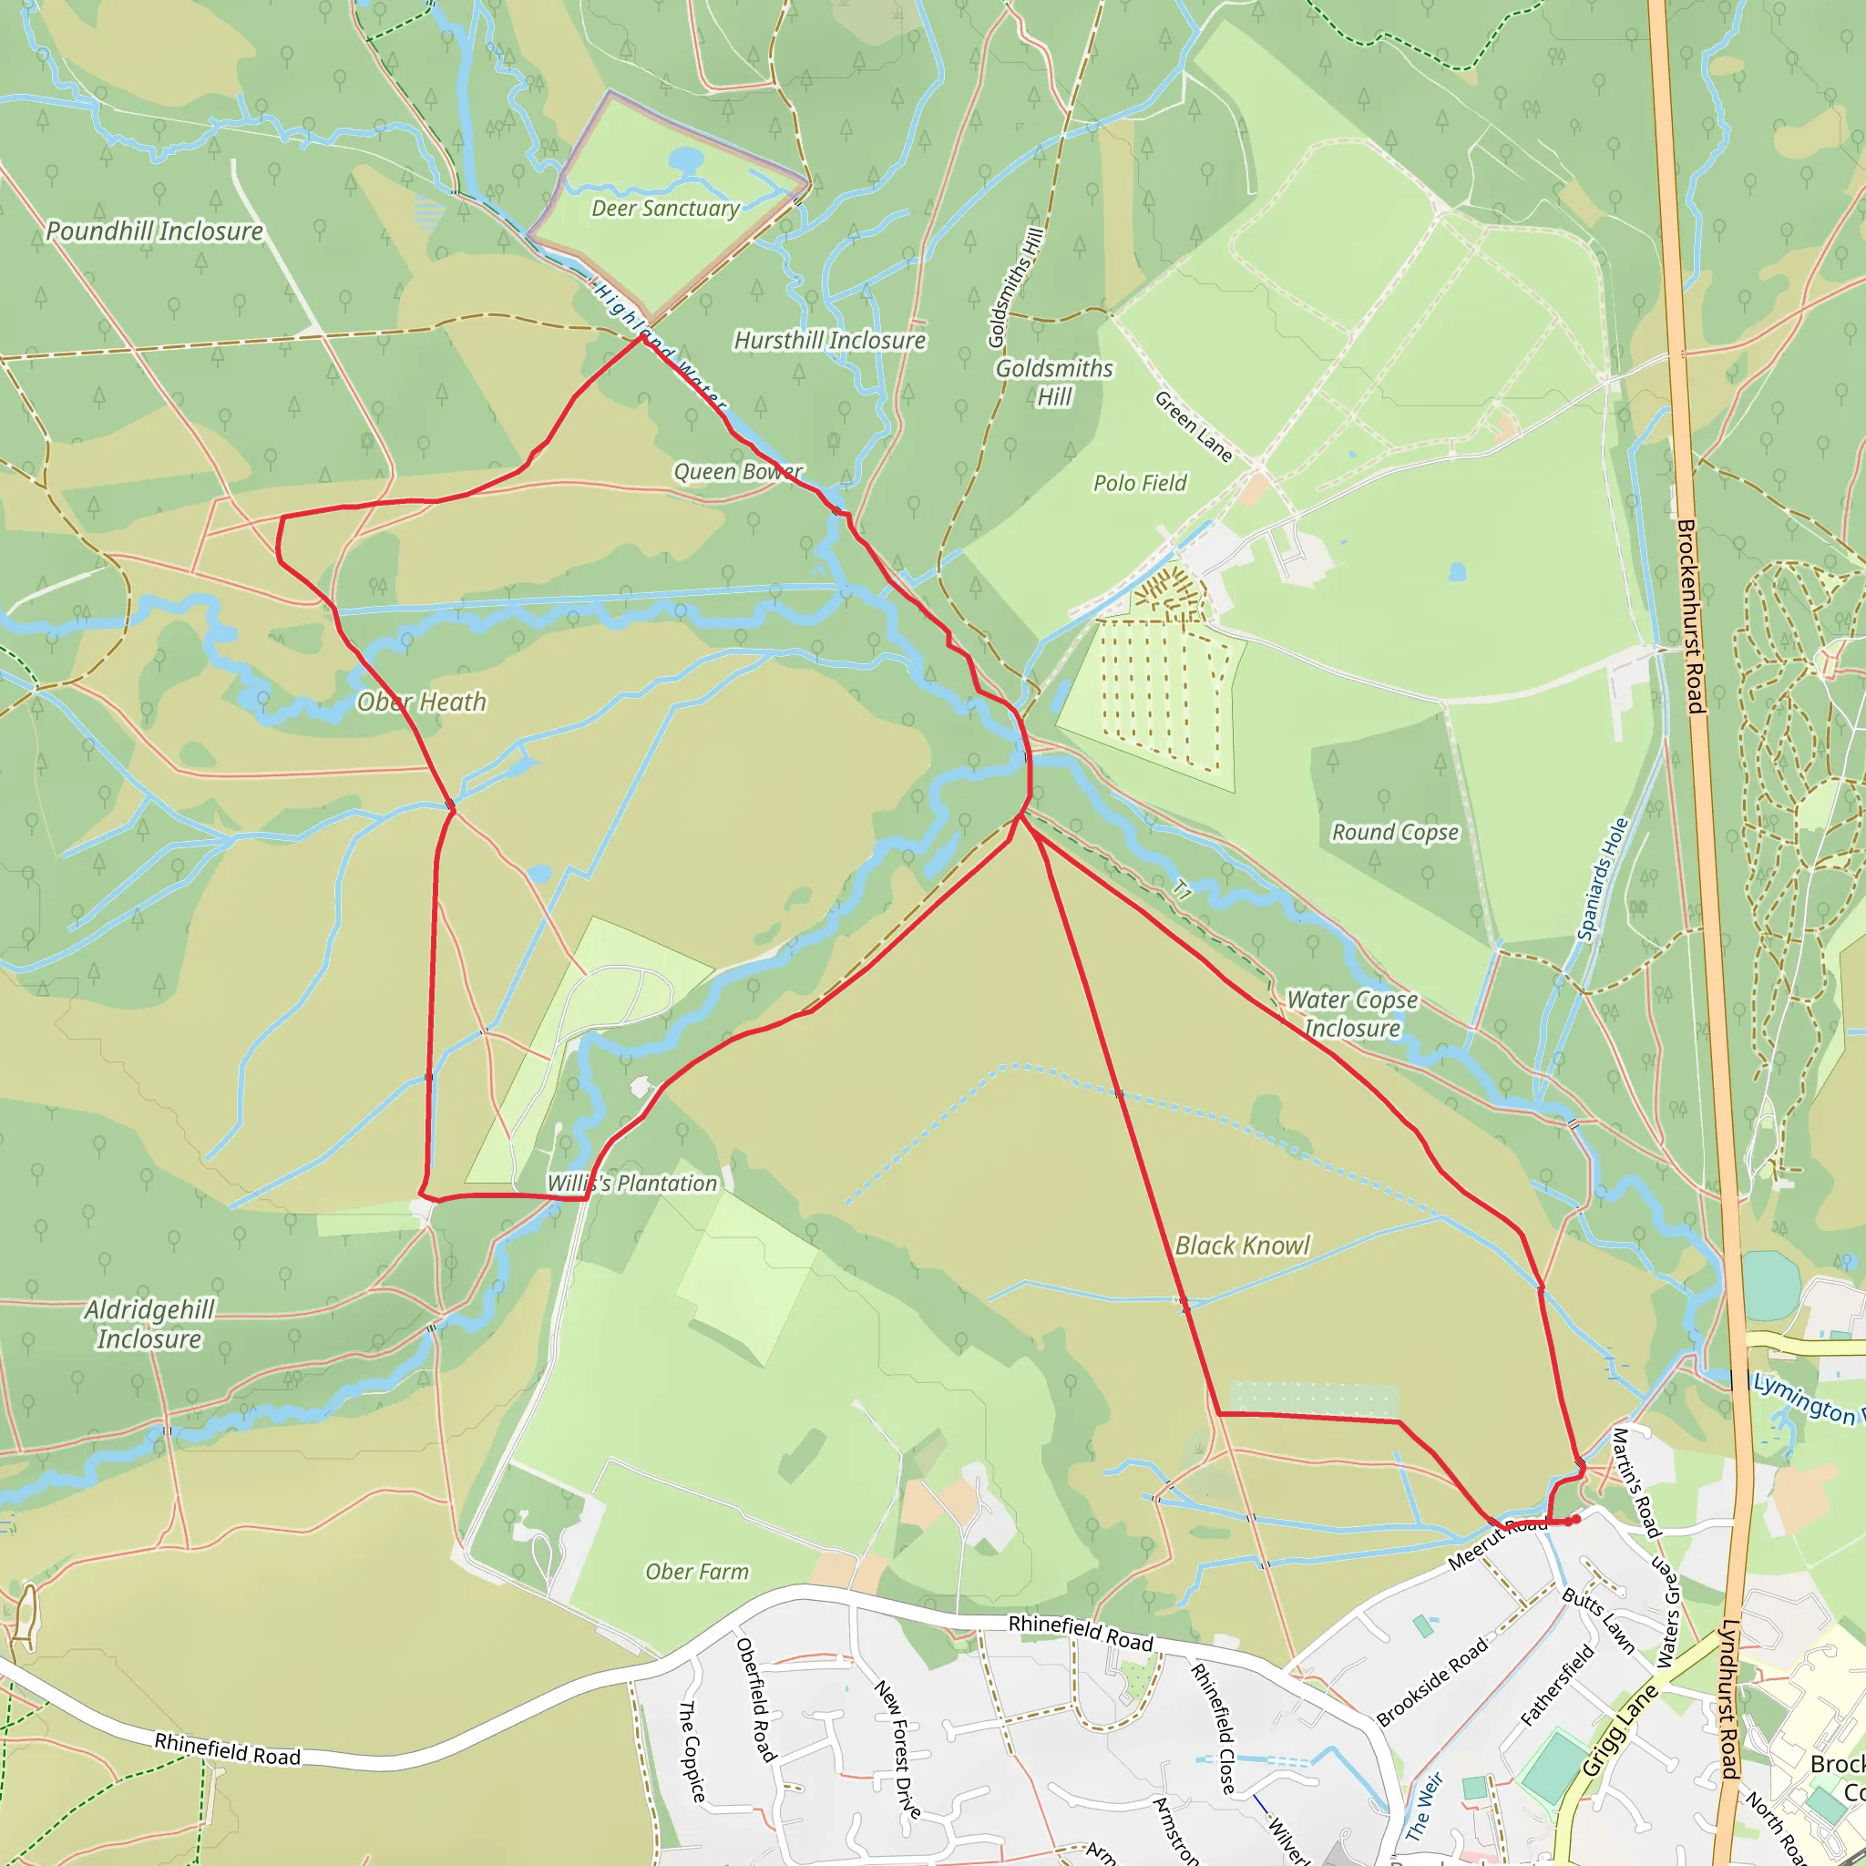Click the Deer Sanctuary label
[x=665, y=209]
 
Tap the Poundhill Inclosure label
[x=155, y=231]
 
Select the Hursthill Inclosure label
[x=830, y=341]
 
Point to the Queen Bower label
[x=738, y=471]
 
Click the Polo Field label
[x=1140, y=483]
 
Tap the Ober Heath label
[x=421, y=702]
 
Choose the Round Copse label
[x=1395, y=833]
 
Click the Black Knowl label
[x=1242, y=1246]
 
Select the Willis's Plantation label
[x=632, y=1184]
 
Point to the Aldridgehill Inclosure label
[x=149, y=1324]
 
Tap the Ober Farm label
[x=696, y=1573]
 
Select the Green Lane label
[x=1194, y=425]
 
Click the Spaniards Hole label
[x=1604, y=879]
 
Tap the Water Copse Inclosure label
[x=1352, y=1014]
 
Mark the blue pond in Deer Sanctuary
[x=686, y=159]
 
